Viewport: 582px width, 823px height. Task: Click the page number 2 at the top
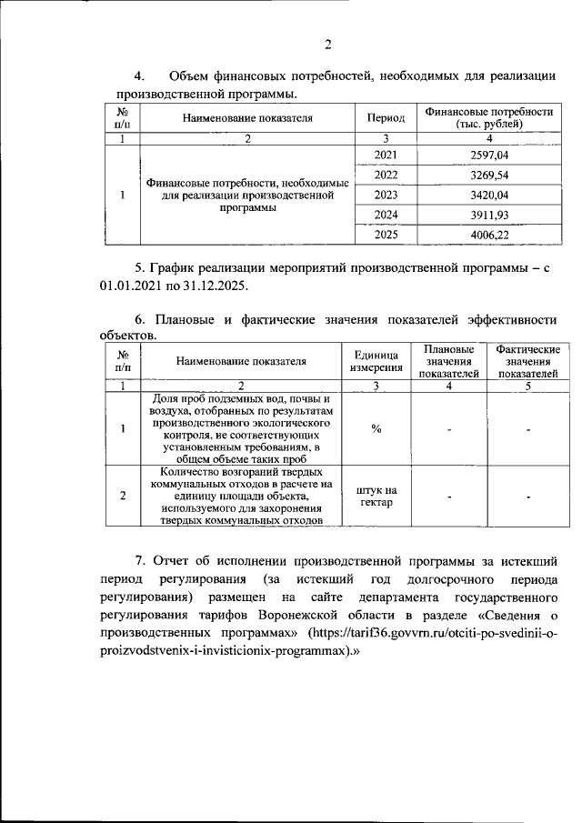pos(329,44)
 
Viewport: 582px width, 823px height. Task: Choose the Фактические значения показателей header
pos(527,361)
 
